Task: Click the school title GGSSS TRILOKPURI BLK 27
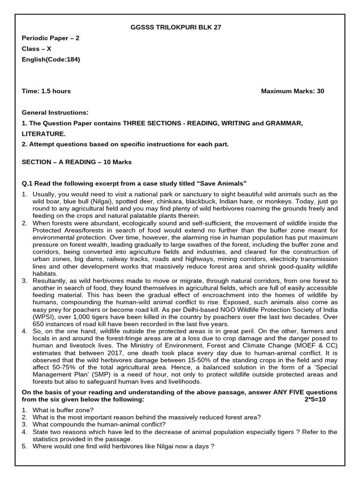tap(175, 28)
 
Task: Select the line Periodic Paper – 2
tap(51, 38)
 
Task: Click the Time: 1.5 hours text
tap(46, 91)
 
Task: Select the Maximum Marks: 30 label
tap(292, 91)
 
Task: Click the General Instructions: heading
tap(55, 112)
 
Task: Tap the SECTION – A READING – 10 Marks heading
tap(77, 162)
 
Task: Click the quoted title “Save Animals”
tap(223, 183)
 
